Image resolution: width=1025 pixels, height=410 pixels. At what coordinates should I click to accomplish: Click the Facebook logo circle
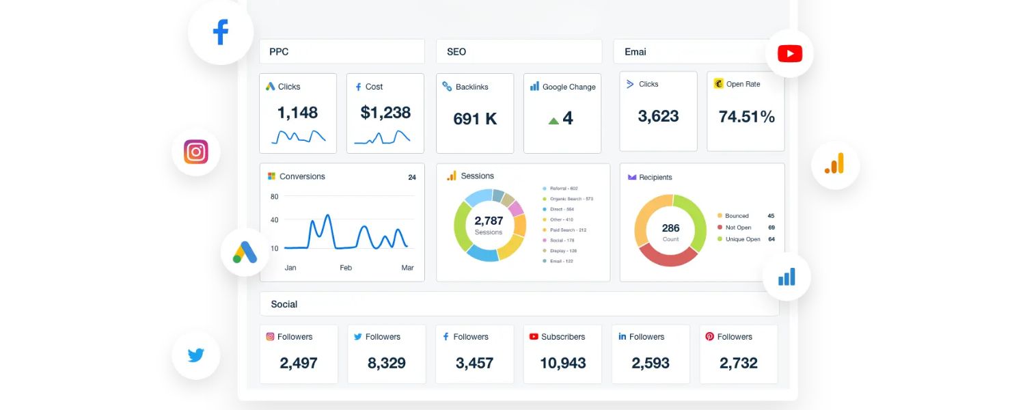[220, 32]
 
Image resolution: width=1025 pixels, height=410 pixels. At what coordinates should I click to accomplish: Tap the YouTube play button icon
[789, 53]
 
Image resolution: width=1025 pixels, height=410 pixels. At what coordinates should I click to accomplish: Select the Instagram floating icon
[196, 152]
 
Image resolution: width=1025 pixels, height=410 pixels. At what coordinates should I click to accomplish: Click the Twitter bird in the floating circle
[196, 355]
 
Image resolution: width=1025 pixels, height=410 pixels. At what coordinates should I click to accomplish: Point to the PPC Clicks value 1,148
[297, 113]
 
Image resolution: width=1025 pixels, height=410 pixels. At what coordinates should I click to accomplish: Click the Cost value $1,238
[385, 113]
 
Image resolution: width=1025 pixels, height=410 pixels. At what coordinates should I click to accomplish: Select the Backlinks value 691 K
[475, 119]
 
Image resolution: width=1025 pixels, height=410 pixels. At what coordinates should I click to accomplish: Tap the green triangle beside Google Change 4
[553, 121]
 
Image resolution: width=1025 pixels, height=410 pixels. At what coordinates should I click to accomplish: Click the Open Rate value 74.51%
[746, 117]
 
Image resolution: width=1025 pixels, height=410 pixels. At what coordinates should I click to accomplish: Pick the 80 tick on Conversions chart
[275, 197]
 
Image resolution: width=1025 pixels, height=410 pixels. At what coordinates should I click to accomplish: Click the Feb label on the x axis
[346, 268]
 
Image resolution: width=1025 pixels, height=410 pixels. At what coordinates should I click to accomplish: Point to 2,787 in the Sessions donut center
[489, 221]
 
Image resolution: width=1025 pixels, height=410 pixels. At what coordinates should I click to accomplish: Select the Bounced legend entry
[737, 216]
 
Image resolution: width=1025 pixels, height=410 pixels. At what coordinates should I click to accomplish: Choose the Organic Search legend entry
[571, 199]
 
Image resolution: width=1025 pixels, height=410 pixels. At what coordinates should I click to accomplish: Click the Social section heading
[284, 304]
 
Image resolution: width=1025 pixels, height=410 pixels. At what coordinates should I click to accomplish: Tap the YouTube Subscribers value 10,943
[562, 363]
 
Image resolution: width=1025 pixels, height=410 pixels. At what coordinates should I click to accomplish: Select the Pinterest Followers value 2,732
[738, 363]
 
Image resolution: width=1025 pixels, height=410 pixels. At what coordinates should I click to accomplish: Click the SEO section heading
[456, 52]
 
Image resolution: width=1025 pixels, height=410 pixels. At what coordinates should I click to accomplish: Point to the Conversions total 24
[412, 178]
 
